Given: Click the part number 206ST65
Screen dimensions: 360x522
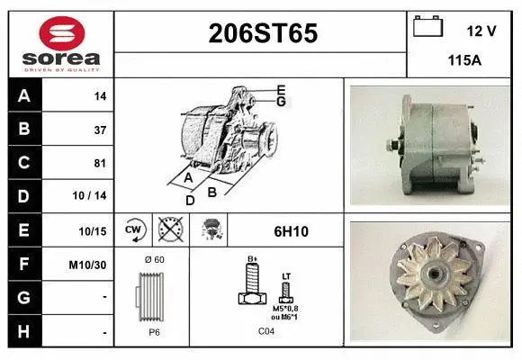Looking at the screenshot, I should pos(262,33).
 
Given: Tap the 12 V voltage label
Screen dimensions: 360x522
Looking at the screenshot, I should pos(481,31).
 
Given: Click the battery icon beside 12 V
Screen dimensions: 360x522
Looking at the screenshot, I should pos(427,28).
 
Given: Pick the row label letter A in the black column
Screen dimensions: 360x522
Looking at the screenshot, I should pos(24,95).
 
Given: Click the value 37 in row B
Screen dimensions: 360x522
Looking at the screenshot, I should pos(100,130).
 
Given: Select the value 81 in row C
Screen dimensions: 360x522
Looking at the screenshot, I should pos(100,164).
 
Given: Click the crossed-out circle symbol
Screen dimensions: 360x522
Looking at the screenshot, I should pos(169,230).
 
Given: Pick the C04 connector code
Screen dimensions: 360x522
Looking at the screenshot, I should pos(266,331).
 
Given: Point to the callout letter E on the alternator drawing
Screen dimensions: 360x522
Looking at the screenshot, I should pos(281,89).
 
